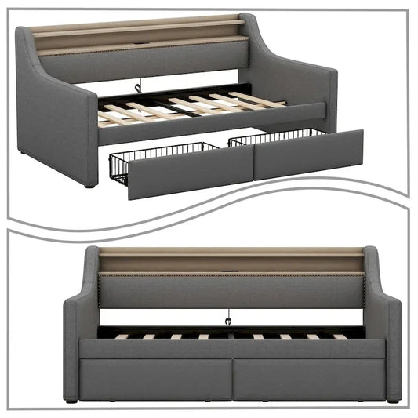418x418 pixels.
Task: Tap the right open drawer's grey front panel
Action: (x=310, y=153)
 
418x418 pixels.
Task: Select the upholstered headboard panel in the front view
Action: (x=231, y=290)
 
